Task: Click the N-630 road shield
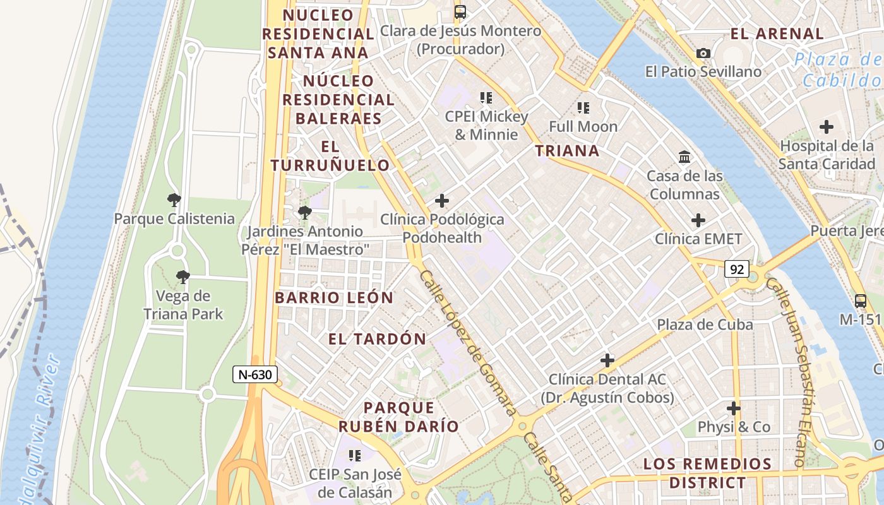tap(255, 374)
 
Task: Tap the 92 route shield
tap(736, 270)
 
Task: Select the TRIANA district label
tap(567, 150)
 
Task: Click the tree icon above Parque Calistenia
tap(174, 201)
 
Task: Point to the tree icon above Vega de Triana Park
tap(183, 276)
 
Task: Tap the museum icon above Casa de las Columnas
tap(684, 157)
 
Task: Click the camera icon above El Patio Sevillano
tap(703, 54)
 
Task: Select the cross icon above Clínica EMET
tap(698, 220)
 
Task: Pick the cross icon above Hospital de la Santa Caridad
tap(826, 127)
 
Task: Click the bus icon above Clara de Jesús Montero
tap(460, 11)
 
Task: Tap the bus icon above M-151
tap(860, 300)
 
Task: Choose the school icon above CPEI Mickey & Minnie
tap(486, 98)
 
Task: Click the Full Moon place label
tap(583, 126)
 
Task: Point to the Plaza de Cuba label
tap(705, 324)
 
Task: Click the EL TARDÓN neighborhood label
tap(377, 339)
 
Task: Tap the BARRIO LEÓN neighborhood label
tap(334, 297)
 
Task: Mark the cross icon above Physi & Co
tap(733, 408)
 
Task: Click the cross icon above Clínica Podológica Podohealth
tap(442, 201)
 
